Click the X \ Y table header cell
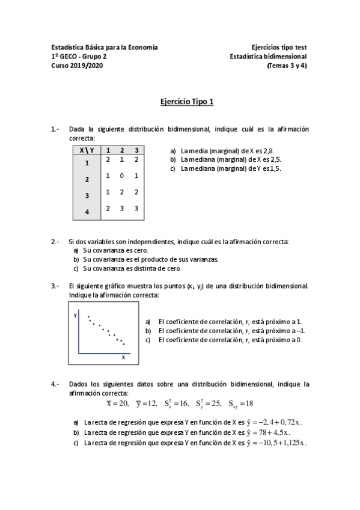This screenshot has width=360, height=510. (x=87, y=150)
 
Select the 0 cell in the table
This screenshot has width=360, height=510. (x=122, y=176)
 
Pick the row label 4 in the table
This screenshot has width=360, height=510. (x=87, y=212)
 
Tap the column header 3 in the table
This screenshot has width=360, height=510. (x=137, y=150)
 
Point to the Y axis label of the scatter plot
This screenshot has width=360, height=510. (x=75, y=315)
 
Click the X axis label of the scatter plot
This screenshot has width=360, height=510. (x=124, y=357)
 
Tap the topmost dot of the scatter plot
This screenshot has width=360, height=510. (x=88, y=317)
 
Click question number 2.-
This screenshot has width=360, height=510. (x=55, y=241)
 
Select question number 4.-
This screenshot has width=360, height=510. (x=55, y=383)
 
